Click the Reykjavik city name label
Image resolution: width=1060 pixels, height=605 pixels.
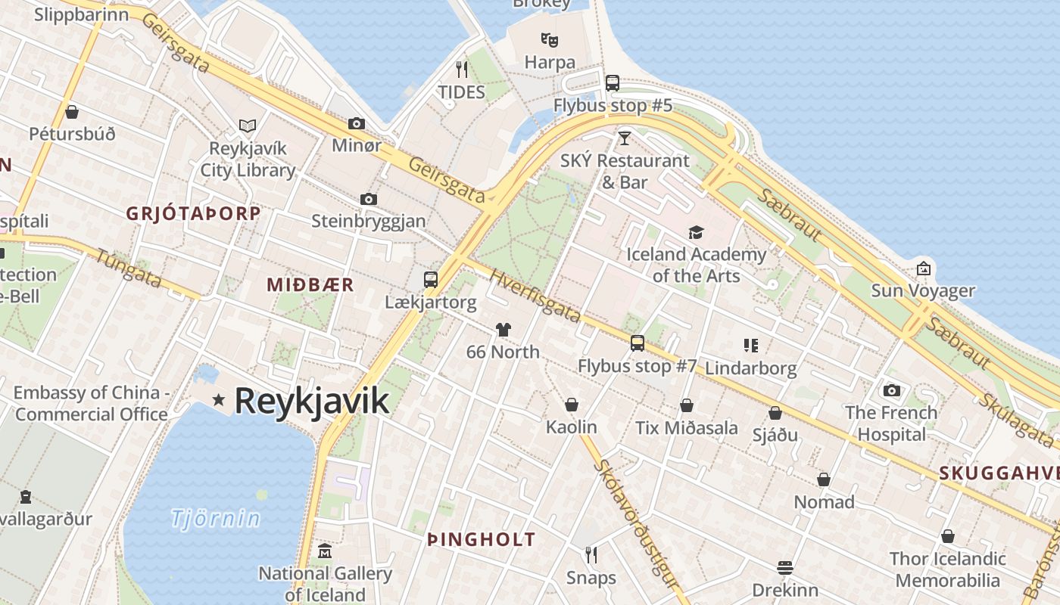[x=312, y=401]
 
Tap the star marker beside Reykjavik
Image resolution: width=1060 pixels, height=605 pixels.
[x=219, y=399]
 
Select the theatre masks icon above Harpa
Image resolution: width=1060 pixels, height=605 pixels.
[x=550, y=39]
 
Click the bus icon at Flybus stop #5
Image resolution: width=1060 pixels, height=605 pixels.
[x=613, y=83]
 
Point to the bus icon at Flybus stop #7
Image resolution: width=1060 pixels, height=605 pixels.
[x=638, y=343]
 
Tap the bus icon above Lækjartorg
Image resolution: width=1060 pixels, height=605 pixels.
[x=431, y=280]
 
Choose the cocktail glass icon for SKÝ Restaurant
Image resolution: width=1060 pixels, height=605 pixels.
[x=625, y=138]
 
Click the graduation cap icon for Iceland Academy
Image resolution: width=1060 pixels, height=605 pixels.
[x=696, y=232]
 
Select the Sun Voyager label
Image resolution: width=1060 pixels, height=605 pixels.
[x=923, y=290]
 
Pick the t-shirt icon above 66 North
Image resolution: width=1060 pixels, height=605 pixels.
[x=503, y=329]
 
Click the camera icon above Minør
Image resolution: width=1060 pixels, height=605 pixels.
[x=357, y=123]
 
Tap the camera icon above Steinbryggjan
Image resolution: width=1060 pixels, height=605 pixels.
[x=369, y=199]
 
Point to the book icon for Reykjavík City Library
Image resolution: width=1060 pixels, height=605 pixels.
[x=248, y=126]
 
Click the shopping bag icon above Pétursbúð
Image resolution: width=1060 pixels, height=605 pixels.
[x=72, y=112]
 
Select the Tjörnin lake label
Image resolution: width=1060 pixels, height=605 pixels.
[x=216, y=519]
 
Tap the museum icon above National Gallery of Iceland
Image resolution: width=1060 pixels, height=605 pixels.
[x=326, y=551]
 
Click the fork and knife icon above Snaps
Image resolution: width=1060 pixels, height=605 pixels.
[x=591, y=555]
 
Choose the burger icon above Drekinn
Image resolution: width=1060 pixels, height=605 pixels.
[x=785, y=567]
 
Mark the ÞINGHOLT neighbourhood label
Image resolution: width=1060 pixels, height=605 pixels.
[x=482, y=540]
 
